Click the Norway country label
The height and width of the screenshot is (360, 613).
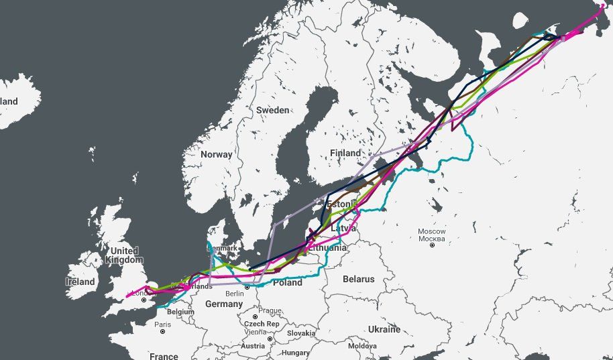click(217, 154)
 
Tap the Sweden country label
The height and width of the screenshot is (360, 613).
click(273, 110)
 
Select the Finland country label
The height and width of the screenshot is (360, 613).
click(345, 154)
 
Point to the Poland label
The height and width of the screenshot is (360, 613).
click(287, 283)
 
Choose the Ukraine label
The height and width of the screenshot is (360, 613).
click(384, 329)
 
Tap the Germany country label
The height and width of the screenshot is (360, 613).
click(223, 304)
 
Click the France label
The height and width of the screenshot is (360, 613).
click(164, 356)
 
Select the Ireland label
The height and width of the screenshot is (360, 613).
click(80, 282)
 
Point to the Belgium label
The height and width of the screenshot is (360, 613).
click(180, 312)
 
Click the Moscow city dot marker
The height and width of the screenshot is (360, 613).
click(432, 245)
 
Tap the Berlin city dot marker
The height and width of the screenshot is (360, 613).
click(247, 286)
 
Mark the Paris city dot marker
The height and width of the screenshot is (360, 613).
click(162, 331)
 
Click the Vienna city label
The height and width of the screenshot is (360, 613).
click(255, 332)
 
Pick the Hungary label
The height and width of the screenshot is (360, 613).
click(296, 353)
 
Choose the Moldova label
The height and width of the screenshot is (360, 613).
click(363, 346)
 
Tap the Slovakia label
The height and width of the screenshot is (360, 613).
click(301, 333)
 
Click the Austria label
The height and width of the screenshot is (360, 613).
click(253, 346)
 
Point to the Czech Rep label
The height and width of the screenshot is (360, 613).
click(263, 324)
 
